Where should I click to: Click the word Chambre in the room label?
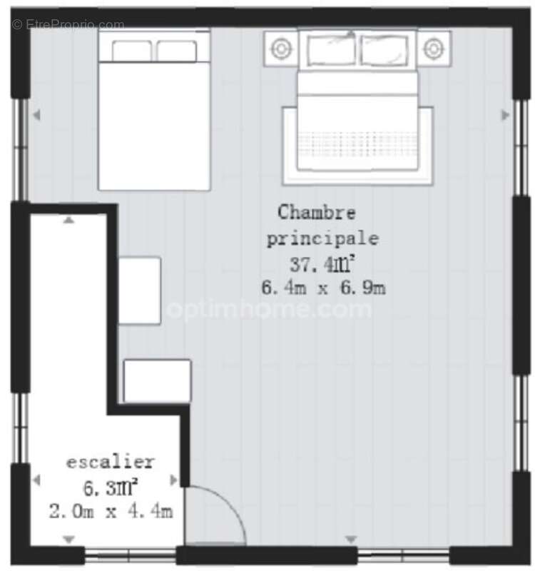point(316,213)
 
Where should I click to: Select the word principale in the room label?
point(322,238)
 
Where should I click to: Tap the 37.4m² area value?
point(322,264)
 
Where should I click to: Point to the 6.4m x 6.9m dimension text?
point(324,288)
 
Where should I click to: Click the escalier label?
point(110,462)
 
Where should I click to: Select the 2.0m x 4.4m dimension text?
point(111,511)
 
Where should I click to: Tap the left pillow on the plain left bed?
point(131,51)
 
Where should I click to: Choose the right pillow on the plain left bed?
point(176,51)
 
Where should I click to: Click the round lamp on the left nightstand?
point(281,49)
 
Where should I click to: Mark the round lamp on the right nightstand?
point(433,49)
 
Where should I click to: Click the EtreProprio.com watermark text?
point(68,24)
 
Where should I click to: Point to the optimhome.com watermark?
point(268,310)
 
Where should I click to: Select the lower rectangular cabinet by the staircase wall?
point(157,381)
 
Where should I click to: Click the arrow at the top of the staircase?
point(68,221)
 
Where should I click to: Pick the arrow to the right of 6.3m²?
point(173,480)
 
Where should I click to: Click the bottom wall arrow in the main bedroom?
point(350,539)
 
